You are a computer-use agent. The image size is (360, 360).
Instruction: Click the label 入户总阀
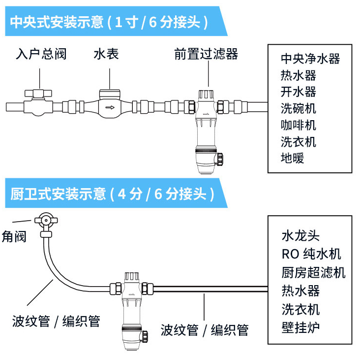pyautogui.click(x=41, y=54)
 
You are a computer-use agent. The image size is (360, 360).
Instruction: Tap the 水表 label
pyautogui.click(x=106, y=54)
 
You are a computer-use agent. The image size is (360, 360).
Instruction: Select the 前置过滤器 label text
pyautogui.click(x=206, y=54)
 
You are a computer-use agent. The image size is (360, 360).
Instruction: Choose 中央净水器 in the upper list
pyautogui.click(x=310, y=59)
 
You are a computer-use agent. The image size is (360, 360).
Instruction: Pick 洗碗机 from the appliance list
pyautogui.click(x=298, y=108)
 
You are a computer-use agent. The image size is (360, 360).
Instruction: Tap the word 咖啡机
pyautogui.click(x=298, y=125)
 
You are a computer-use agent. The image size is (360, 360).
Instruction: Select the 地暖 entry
pyautogui.click(x=292, y=158)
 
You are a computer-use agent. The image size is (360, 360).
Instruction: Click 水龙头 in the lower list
pyautogui.click(x=300, y=235)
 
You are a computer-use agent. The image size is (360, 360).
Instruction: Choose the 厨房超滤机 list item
pyautogui.click(x=313, y=272)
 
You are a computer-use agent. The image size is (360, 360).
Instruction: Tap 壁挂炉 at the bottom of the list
pyautogui.click(x=300, y=327)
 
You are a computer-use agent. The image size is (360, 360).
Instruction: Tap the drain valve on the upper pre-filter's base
pyautogui.click(x=221, y=159)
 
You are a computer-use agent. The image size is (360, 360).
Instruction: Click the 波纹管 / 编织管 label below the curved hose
pyautogui.click(x=56, y=322)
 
